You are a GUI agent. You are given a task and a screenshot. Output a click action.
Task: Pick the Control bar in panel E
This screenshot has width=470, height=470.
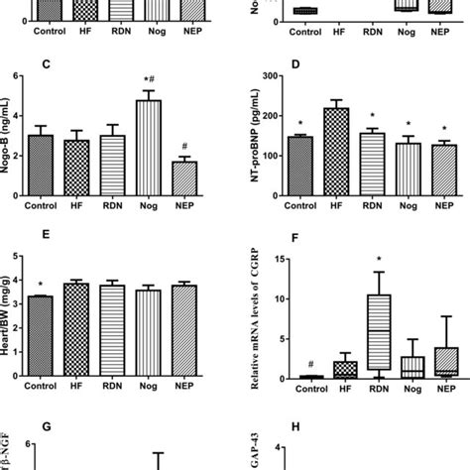tap(41, 337)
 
